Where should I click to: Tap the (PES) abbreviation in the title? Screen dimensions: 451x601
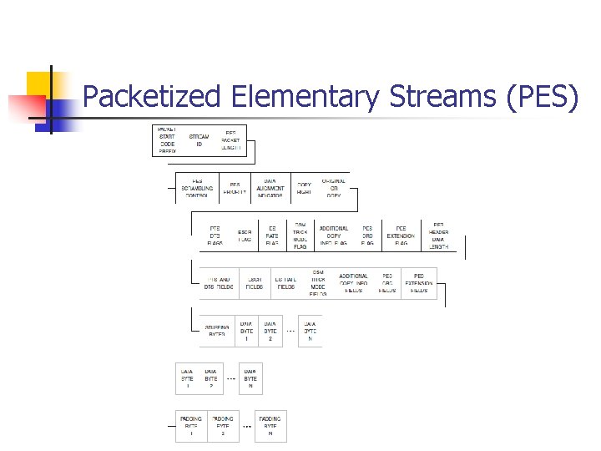(x=542, y=97)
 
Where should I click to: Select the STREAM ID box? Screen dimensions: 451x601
(x=199, y=139)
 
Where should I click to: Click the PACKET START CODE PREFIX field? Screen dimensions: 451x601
(x=167, y=139)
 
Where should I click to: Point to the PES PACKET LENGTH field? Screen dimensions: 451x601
(x=230, y=139)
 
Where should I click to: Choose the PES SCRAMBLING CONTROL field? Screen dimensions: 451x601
(x=197, y=187)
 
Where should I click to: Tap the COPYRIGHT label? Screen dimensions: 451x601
(x=304, y=188)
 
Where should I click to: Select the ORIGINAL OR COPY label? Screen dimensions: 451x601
(x=334, y=187)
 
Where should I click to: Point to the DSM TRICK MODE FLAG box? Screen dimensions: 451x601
(x=300, y=236)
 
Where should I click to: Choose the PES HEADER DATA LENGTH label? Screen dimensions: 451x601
(x=439, y=236)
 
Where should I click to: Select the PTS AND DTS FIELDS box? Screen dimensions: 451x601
(x=219, y=282)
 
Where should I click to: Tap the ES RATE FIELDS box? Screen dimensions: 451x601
(x=286, y=282)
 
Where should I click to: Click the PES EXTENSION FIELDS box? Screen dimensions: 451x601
(x=419, y=282)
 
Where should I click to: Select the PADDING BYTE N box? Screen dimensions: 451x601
(x=270, y=426)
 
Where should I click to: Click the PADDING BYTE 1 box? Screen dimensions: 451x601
(x=191, y=426)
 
